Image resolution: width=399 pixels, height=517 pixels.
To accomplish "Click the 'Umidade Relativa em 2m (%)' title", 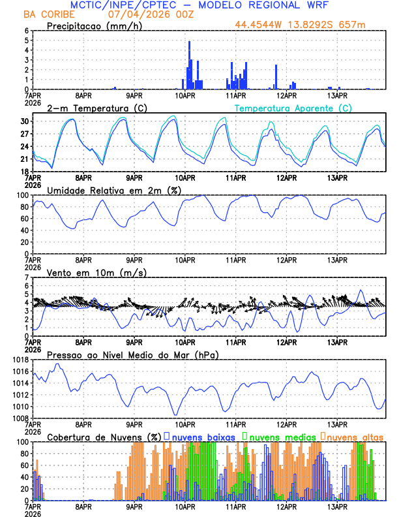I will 115,190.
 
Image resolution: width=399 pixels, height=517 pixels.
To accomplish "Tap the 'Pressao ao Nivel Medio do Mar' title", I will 132,354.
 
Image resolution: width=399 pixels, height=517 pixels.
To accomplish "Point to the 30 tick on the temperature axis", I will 26,121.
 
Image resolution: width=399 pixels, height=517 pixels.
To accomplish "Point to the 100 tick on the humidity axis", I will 23,195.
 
